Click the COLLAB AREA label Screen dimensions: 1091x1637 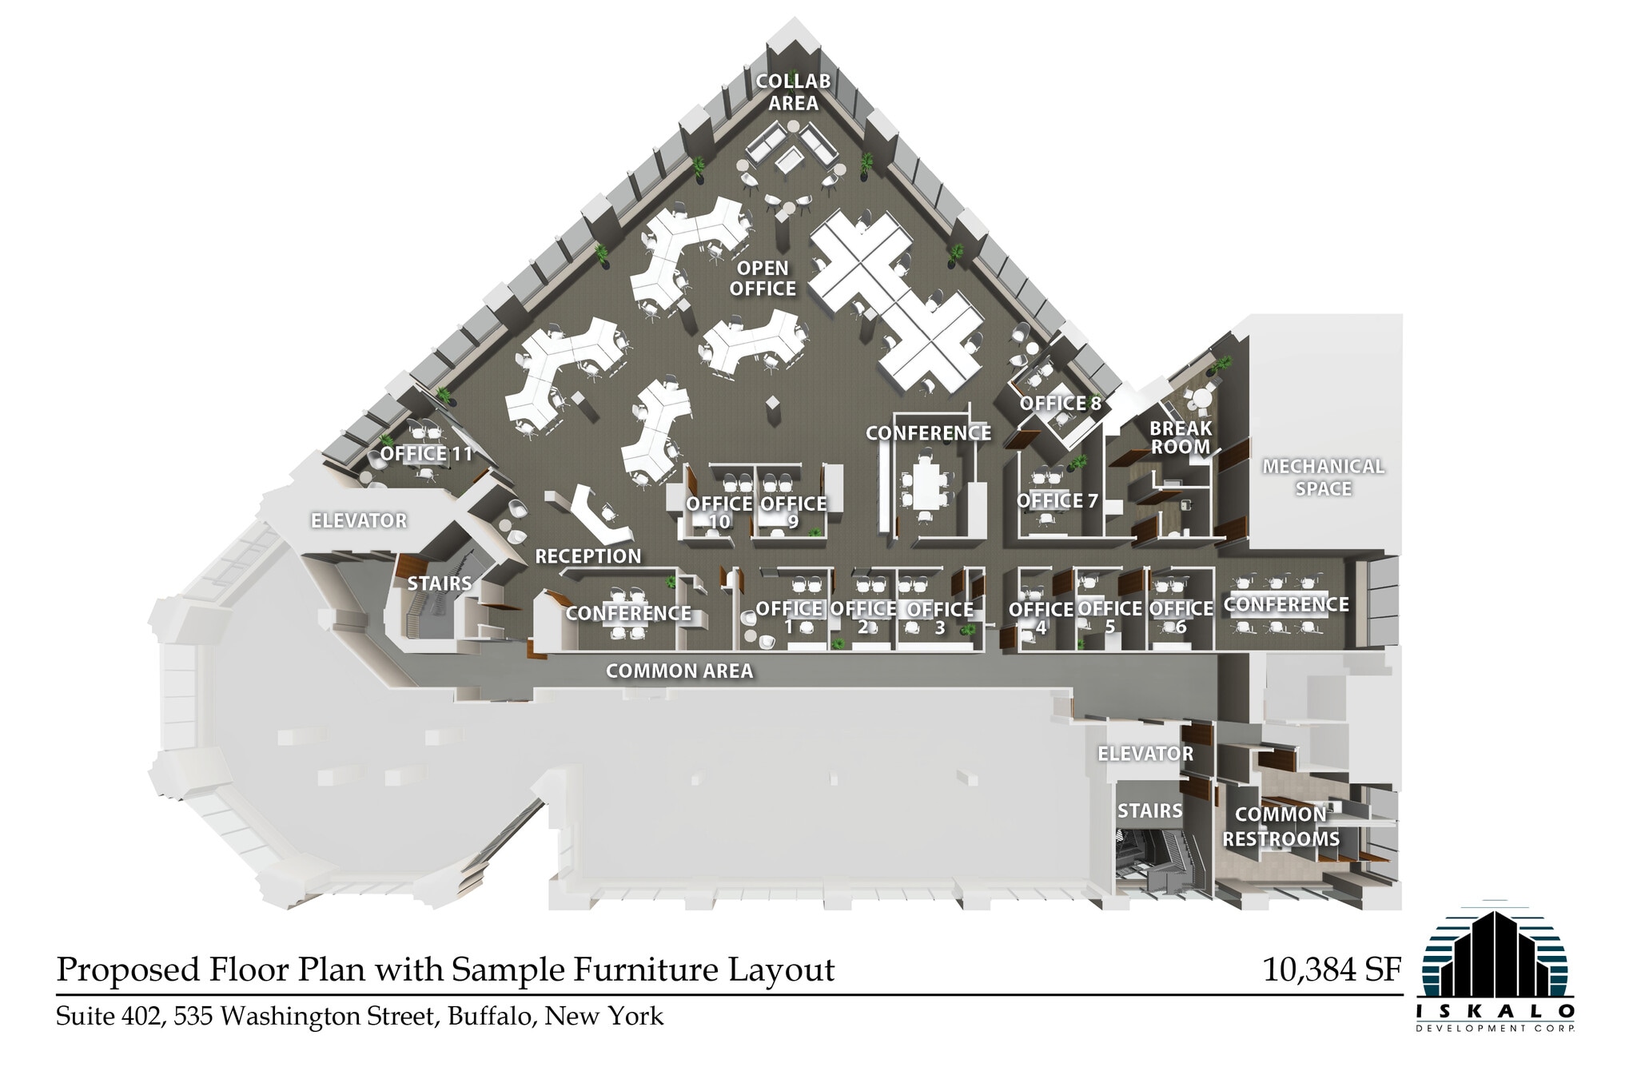pyautogui.click(x=793, y=92)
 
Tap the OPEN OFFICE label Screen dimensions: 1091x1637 pyautogui.click(x=763, y=278)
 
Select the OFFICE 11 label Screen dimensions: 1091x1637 pyautogui.click(x=426, y=454)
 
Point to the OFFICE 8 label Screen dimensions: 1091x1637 pyautogui.click(x=1060, y=404)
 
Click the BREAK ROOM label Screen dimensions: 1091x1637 pyautogui.click(x=1180, y=437)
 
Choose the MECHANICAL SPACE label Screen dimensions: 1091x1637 pyautogui.click(x=1323, y=477)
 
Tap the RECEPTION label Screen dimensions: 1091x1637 pyautogui.click(x=587, y=556)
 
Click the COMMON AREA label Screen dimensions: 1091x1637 pyautogui.click(x=679, y=671)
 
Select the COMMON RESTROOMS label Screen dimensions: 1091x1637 pyautogui.click(x=1281, y=826)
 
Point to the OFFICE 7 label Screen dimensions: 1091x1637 pyautogui.click(x=1057, y=501)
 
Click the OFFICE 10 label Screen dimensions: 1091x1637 pyautogui.click(x=719, y=512)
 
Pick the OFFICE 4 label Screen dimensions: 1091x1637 pyautogui.click(x=1041, y=618)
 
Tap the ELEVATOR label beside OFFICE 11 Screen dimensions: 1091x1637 pyautogui.click(x=359, y=521)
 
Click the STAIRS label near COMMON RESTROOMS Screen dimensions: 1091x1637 pyautogui.click(x=1149, y=811)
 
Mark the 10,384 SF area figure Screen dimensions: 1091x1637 pyautogui.click(x=1332, y=970)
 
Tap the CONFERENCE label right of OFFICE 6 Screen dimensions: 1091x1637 pyautogui.click(x=1285, y=605)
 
